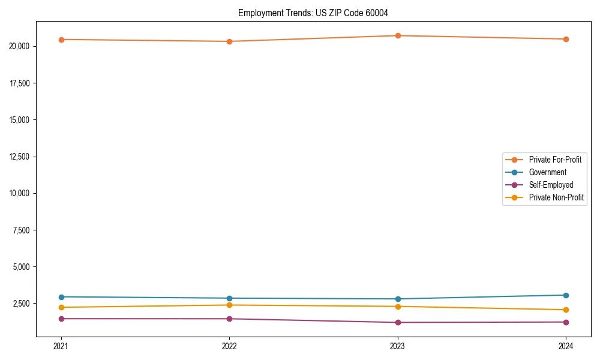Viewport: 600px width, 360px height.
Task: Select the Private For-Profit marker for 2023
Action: [398, 35]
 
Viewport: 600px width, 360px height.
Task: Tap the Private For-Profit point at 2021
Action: [61, 40]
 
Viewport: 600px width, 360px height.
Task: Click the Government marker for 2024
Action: [566, 295]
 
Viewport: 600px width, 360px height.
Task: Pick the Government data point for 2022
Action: [229, 298]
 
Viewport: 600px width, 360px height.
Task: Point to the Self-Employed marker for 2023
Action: [398, 322]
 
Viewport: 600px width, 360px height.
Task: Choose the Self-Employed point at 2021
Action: [61, 319]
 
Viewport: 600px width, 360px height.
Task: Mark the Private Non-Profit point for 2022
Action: [229, 305]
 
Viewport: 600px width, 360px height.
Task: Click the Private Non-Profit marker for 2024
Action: [566, 310]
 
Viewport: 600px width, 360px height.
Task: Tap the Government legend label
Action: [547, 172]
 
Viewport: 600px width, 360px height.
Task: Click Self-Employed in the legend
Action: [551, 185]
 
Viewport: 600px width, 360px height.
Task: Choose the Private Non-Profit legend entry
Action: [556, 197]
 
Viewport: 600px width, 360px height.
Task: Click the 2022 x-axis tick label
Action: [229, 346]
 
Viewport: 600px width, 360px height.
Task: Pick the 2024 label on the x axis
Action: [566, 346]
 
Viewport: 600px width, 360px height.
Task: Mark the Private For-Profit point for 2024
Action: [566, 39]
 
